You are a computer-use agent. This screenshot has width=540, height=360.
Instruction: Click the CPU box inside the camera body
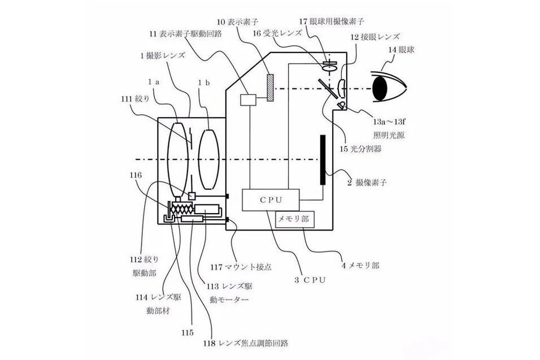click(x=271, y=200)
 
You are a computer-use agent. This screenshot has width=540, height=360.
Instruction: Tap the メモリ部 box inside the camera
click(x=295, y=219)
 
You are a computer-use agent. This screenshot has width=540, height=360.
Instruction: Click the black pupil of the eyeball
click(x=380, y=89)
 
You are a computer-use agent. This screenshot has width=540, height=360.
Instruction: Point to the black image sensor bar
click(x=323, y=160)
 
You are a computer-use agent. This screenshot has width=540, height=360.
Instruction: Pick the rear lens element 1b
click(x=208, y=159)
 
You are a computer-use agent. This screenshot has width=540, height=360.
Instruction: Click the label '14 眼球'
click(x=401, y=50)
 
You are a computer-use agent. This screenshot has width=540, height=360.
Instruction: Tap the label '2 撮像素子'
click(x=367, y=183)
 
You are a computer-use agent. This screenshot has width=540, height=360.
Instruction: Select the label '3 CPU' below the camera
click(x=310, y=280)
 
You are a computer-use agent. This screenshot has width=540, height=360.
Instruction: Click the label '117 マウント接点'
click(x=241, y=267)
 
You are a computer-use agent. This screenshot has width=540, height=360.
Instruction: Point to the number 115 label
click(x=188, y=333)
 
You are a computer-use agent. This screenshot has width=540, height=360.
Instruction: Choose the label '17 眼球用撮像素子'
click(x=332, y=21)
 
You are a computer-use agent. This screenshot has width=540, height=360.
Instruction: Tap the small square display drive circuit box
click(x=249, y=100)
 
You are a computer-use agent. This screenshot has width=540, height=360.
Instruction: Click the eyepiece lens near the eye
click(x=341, y=88)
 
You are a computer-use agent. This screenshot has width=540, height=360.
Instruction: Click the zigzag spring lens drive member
click(x=182, y=209)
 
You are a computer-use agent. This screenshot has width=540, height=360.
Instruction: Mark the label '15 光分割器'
click(x=360, y=149)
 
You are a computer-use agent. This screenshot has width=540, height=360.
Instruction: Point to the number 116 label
click(x=136, y=176)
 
